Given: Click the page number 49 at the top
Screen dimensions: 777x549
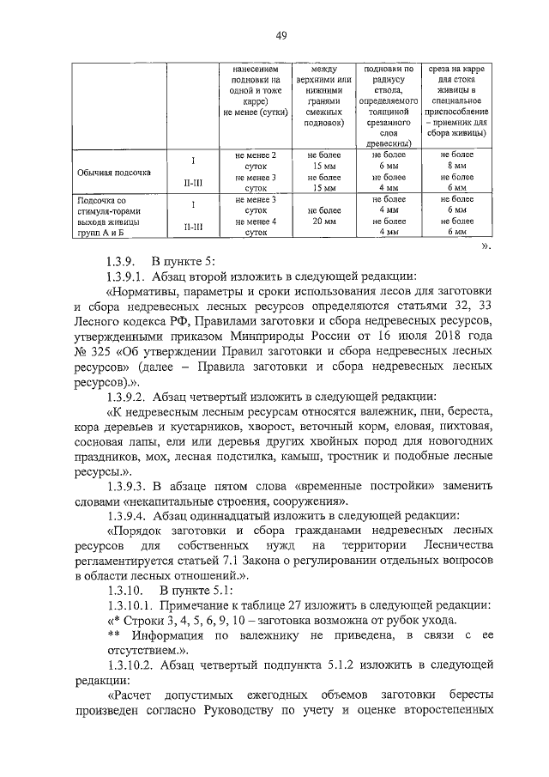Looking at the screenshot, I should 281,35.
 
